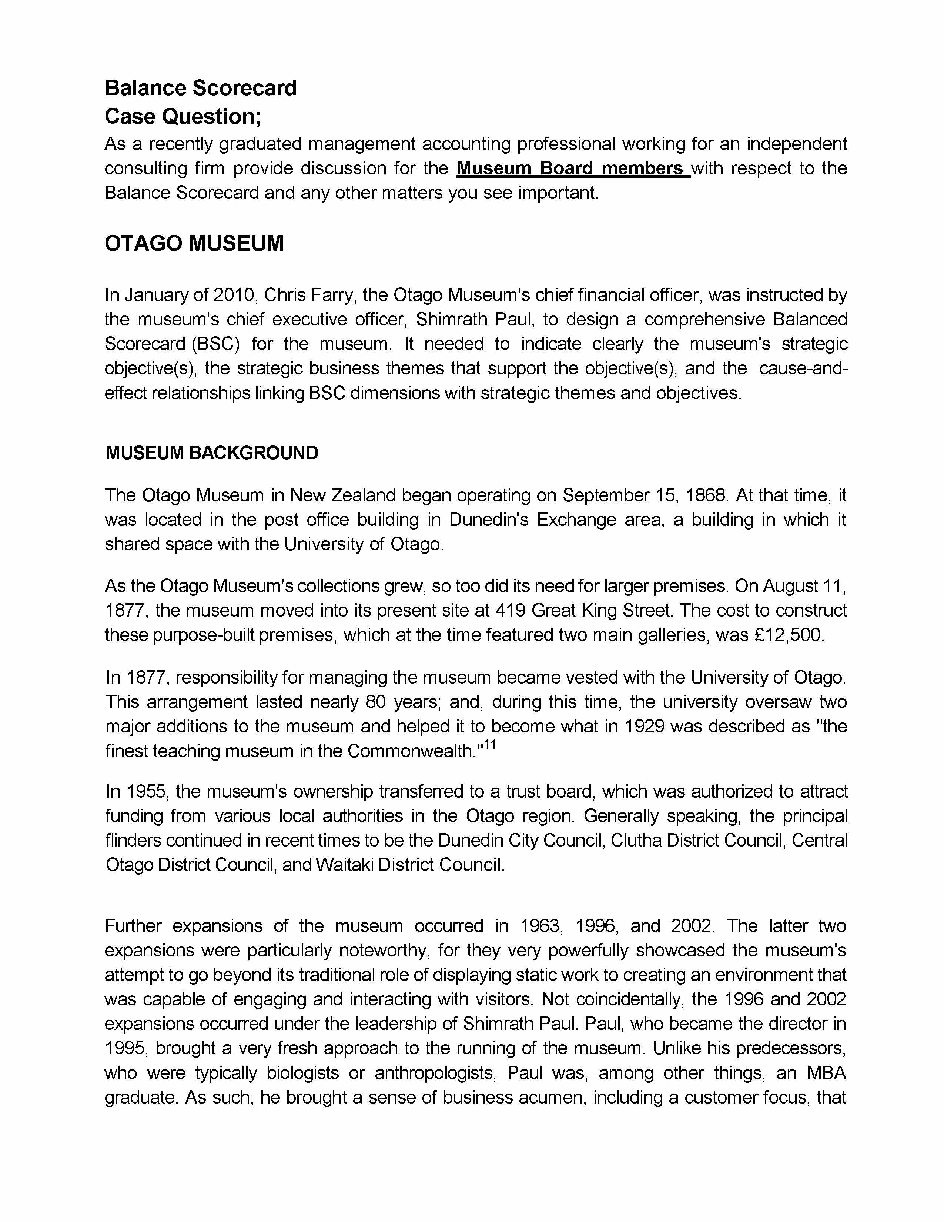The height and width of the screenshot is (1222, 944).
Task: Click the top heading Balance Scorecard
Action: [x=200, y=89]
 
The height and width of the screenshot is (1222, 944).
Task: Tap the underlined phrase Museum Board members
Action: [x=573, y=168]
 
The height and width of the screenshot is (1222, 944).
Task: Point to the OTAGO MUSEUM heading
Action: [x=194, y=243]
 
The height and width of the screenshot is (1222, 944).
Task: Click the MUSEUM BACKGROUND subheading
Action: [x=212, y=453]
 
